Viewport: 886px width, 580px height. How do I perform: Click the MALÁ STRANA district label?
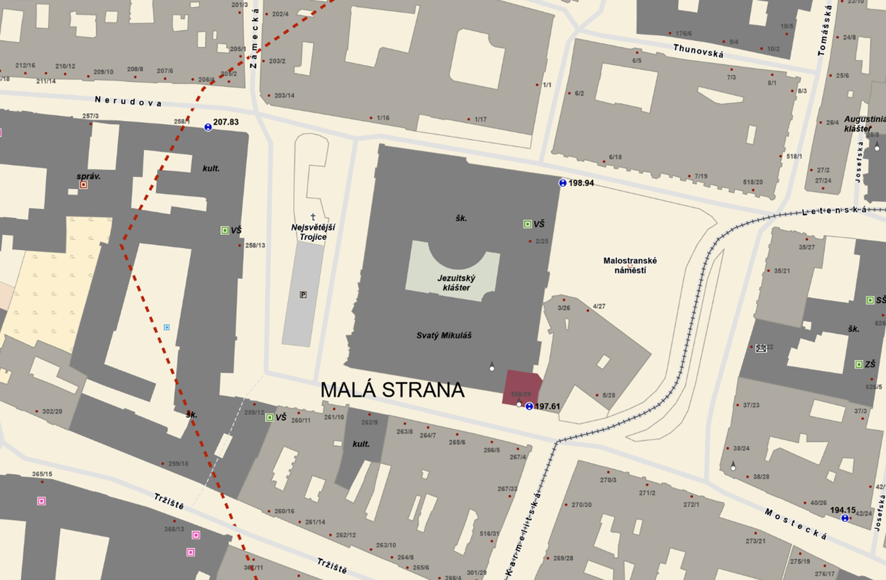pos(392,390)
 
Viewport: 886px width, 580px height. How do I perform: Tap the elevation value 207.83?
pos(225,122)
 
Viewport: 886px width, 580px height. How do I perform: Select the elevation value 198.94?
pos(581,183)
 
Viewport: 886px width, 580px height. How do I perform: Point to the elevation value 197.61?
pos(547,407)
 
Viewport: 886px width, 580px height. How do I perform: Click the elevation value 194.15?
pos(842,510)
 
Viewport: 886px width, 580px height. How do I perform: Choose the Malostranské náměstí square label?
pos(630,266)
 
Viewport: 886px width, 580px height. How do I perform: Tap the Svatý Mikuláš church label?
pos(444,335)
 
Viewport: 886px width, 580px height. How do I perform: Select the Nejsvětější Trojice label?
pos(313,232)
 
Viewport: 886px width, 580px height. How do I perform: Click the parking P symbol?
pos(303,294)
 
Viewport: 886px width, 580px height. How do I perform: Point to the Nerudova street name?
pos(128,101)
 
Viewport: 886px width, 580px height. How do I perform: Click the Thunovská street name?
pos(698,51)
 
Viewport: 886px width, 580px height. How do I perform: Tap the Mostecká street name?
pos(796,524)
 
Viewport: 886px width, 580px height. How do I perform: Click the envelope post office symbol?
pos(761,348)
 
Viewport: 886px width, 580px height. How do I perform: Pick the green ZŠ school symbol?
pos(858,364)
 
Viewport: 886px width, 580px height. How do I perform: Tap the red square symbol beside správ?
pos(83,185)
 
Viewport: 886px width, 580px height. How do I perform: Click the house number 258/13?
pos(255,245)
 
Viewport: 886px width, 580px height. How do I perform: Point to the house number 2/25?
pos(542,241)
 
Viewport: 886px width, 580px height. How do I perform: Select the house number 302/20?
pos(52,411)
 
